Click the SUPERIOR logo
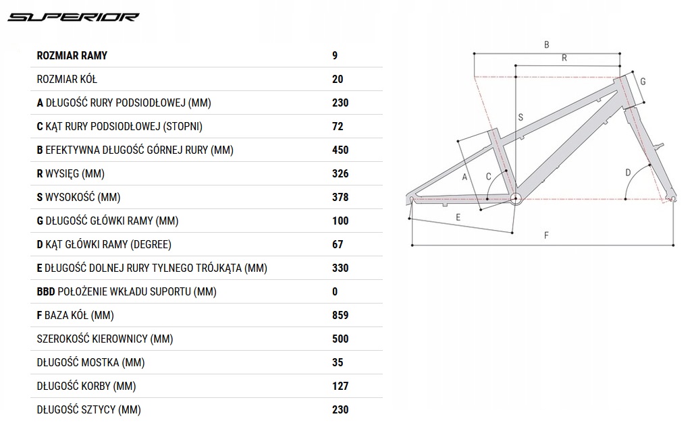(x=74, y=17)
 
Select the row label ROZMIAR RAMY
(x=72, y=55)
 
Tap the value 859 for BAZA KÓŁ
(x=340, y=315)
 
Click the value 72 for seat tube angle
(x=338, y=126)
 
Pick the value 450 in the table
(x=340, y=150)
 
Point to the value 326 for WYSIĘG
(x=340, y=173)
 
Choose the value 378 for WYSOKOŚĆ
(x=340, y=197)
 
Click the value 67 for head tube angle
(x=338, y=244)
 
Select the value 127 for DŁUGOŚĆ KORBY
(x=340, y=386)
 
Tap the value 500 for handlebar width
(x=340, y=339)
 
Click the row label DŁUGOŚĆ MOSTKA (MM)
(x=91, y=362)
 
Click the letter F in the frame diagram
(x=545, y=235)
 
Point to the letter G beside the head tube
(x=643, y=82)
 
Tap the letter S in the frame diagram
(x=520, y=117)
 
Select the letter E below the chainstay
(x=458, y=217)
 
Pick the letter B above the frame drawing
(x=546, y=45)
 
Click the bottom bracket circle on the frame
(x=516, y=198)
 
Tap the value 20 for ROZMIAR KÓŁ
(x=338, y=79)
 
